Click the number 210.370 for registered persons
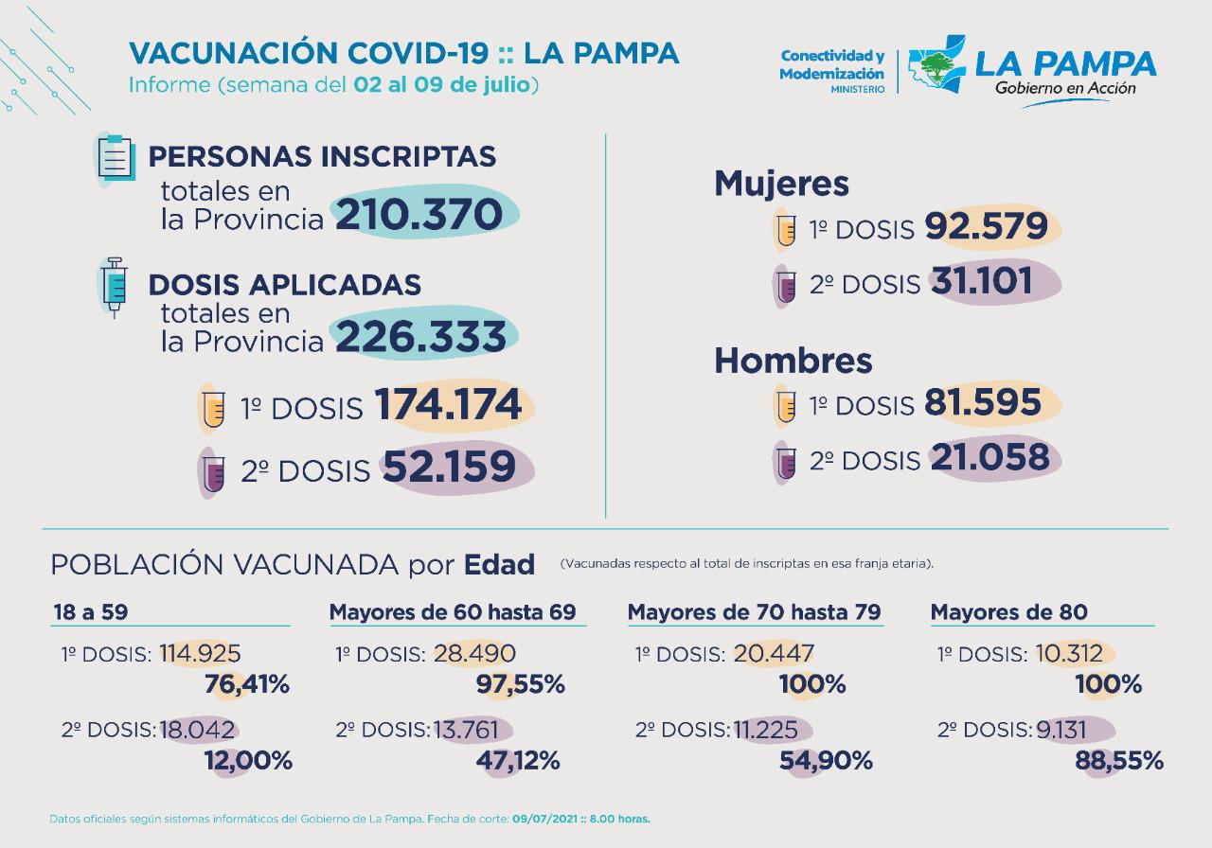pyautogui.click(x=419, y=215)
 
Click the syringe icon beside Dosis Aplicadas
pyautogui.click(x=115, y=284)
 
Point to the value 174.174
pyautogui.click(x=449, y=405)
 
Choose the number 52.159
pyautogui.click(x=449, y=467)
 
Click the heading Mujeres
pyautogui.click(x=781, y=183)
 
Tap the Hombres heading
pyautogui.click(x=793, y=361)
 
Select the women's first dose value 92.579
pyautogui.click(x=986, y=227)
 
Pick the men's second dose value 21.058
pyautogui.click(x=989, y=458)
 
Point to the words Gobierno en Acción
pyautogui.click(x=1064, y=88)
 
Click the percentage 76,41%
pyautogui.click(x=247, y=684)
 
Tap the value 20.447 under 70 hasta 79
pyautogui.click(x=773, y=653)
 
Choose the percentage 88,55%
pyautogui.click(x=1119, y=761)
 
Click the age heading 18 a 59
pyautogui.click(x=89, y=612)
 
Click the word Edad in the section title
pyautogui.click(x=499, y=565)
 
